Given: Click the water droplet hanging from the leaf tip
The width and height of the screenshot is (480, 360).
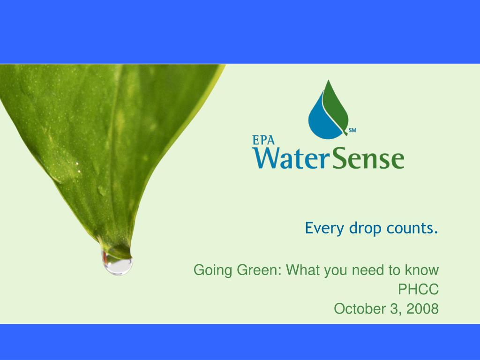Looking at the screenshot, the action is pos(117,264).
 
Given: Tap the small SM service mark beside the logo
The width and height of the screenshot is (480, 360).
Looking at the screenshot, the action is pos(352,130).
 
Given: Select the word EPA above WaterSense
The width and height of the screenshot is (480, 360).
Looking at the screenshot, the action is pos(263,140).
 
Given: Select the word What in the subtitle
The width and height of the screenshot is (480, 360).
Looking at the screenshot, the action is pos(303,270).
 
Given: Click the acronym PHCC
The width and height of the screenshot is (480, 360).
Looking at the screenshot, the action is pos(418,289).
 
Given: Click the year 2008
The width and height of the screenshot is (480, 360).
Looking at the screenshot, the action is pos(422,308).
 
